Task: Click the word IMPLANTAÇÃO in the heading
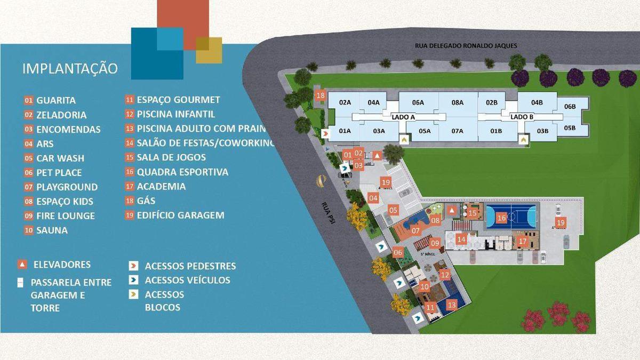click(x=70, y=69)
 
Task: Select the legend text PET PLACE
click(x=59, y=173)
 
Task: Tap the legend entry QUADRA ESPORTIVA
click(x=182, y=172)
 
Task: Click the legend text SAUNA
click(x=52, y=230)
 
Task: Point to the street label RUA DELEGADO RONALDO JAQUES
click(x=466, y=46)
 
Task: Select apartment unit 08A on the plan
click(x=458, y=102)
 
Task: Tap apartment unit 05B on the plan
click(x=570, y=127)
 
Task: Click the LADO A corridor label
click(x=403, y=116)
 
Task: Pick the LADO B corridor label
click(x=522, y=116)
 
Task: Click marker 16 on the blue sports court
click(x=501, y=218)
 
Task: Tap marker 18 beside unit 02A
click(x=321, y=96)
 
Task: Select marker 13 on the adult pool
click(x=452, y=305)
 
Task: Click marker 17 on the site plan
click(x=522, y=242)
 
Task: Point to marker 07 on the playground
click(x=416, y=230)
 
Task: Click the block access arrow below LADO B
click(x=524, y=139)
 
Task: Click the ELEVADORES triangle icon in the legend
click(x=22, y=265)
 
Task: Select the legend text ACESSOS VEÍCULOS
click(x=187, y=280)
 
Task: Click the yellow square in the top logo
click(x=209, y=50)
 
